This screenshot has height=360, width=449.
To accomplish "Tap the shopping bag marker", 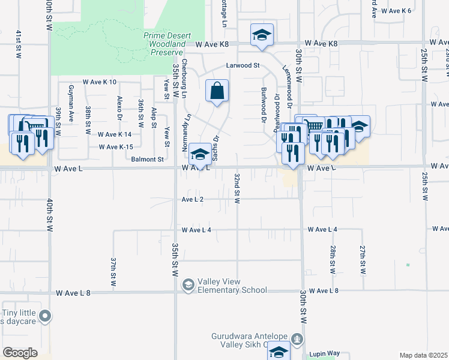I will coord(217,92).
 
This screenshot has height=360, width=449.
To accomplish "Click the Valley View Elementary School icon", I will coord(188,284).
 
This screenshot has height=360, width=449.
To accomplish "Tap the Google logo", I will coord(20,353).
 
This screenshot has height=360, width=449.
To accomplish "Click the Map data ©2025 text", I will coord(423,355).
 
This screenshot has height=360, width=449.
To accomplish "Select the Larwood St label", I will coord(242,65).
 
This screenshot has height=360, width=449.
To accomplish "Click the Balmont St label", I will coord(148,160).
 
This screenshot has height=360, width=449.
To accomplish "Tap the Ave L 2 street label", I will coord(193,199).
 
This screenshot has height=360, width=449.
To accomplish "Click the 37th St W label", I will coord(113,272).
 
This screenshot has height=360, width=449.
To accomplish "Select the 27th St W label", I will coord(363,259).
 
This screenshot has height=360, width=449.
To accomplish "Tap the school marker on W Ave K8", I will coord(262,35).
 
